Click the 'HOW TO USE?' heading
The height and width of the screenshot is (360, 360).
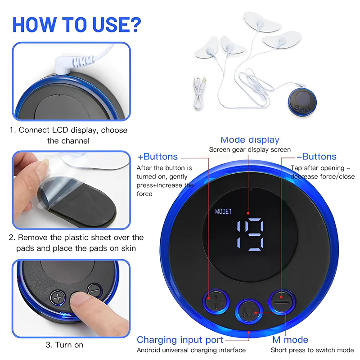[x=76, y=25]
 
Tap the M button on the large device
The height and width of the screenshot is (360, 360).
[x=249, y=312]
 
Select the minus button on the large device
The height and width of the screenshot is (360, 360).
[x=282, y=302]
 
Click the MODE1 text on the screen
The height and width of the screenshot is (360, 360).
[x=223, y=211]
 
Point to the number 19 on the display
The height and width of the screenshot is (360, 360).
[x=250, y=234]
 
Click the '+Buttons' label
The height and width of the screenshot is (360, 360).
[x=157, y=157]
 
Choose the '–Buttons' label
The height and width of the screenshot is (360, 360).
[x=316, y=157]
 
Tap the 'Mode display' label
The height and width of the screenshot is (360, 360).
[x=250, y=139]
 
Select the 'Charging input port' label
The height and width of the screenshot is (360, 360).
[x=180, y=340]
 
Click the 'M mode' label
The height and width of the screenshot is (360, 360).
[x=290, y=340]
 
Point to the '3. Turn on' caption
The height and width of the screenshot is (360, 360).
[x=64, y=345]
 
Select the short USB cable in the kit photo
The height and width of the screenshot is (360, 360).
[x=199, y=93]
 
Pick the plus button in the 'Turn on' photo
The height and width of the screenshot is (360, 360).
[x=58, y=298]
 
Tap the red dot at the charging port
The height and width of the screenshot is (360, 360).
[x=249, y=332]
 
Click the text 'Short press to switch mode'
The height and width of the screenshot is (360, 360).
[x=312, y=350]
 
